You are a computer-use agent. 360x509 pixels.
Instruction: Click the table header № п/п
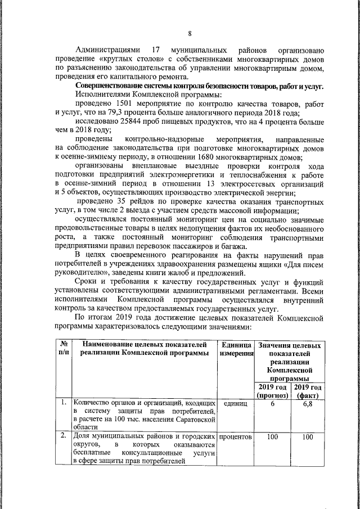click(x=64, y=348)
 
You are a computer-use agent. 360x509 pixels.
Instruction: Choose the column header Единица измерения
click(x=236, y=348)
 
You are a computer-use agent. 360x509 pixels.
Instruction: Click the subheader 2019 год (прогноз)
click(x=272, y=391)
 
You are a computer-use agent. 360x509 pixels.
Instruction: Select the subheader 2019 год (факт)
click(x=308, y=391)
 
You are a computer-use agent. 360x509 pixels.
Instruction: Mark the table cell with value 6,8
click(x=308, y=404)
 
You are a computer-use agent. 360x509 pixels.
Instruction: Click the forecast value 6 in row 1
click(x=272, y=404)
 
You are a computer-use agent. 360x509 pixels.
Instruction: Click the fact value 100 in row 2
click(x=308, y=437)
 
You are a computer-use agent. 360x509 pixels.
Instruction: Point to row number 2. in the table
click(x=64, y=436)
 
